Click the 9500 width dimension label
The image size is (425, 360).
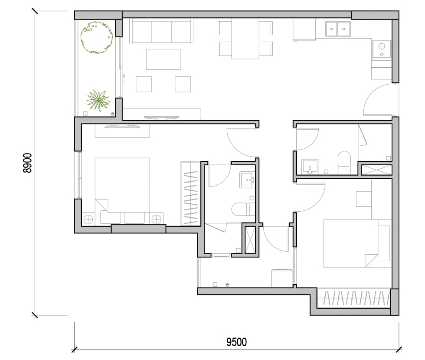tap(236, 342)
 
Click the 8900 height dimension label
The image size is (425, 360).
tap(27, 163)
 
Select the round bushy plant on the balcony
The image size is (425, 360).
tap(97, 37)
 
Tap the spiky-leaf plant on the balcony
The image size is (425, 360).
tap(98, 101)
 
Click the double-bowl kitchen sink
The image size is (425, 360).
tap(338, 29)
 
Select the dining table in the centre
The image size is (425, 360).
tap(245, 39)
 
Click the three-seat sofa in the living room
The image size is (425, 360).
tap(161, 31)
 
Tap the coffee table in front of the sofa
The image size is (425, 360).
tap(163, 59)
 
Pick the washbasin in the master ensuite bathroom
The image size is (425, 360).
tap(247, 180)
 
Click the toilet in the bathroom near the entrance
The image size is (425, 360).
tap(344, 162)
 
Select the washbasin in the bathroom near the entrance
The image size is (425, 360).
tap(310, 167)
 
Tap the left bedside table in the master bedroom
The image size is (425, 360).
tap(88, 219)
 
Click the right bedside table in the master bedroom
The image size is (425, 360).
tap(157, 219)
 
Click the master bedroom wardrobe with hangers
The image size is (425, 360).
tap(190, 193)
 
